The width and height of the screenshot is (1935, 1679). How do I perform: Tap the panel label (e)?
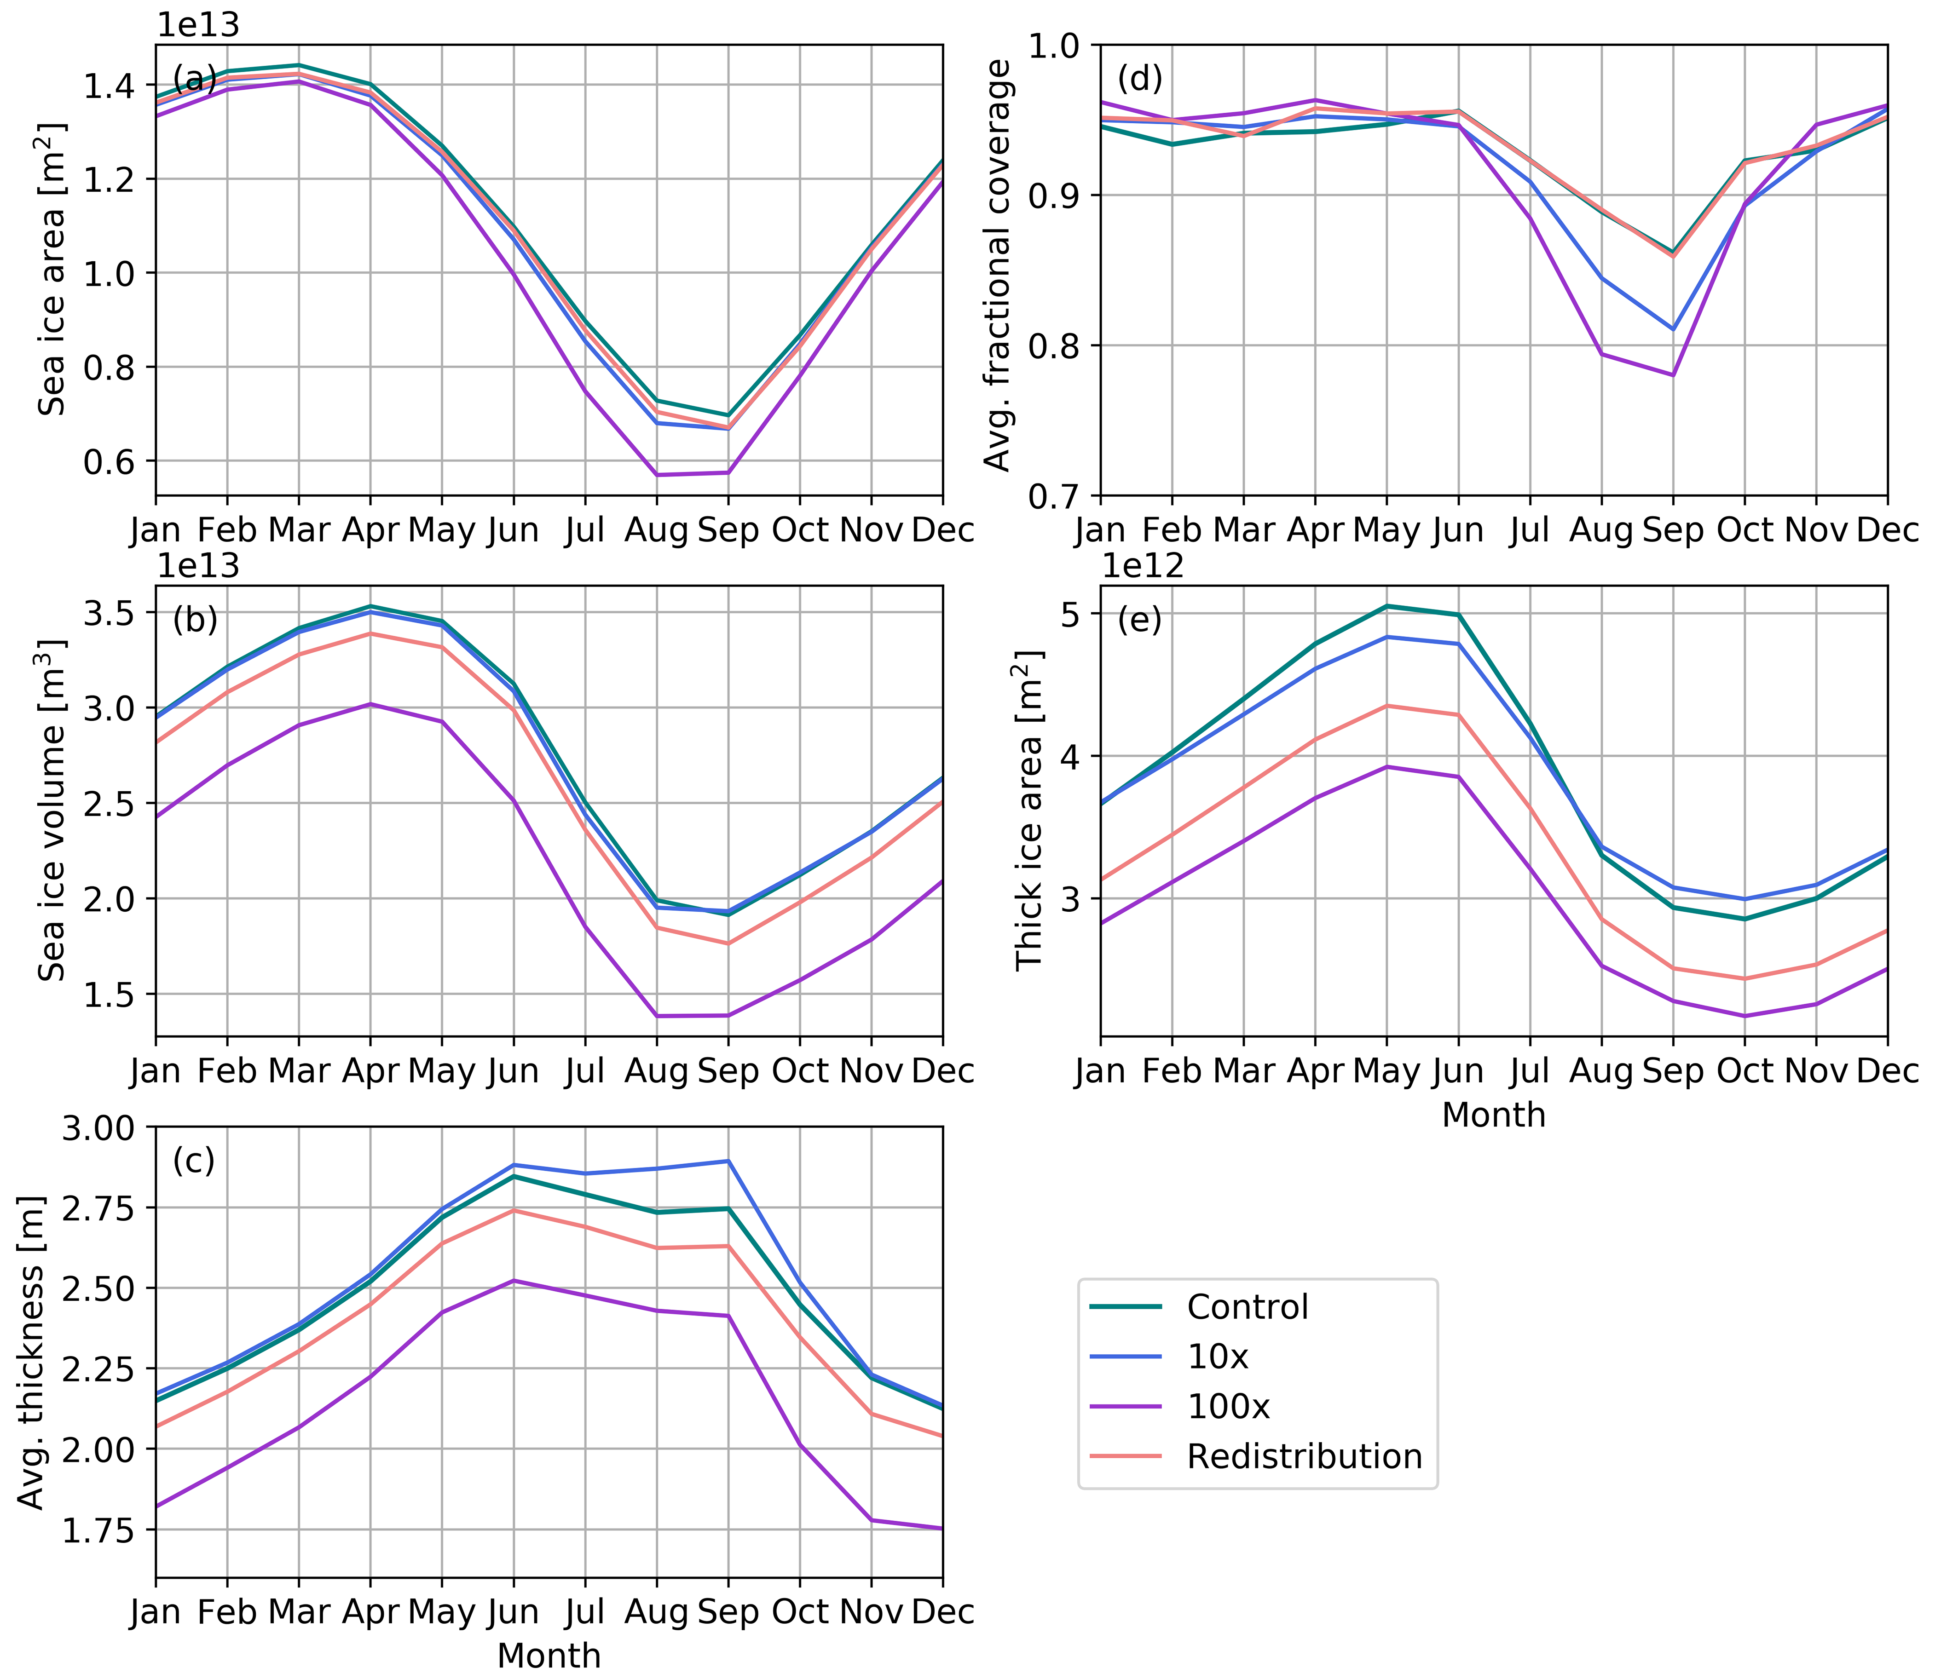click(x=1139, y=620)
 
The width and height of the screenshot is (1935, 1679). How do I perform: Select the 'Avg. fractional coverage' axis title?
click(x=999, y=265)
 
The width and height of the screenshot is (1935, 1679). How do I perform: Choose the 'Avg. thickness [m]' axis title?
click(x=33, y=1352)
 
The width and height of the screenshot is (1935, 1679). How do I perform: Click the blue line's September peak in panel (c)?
click(x=728, y=1161)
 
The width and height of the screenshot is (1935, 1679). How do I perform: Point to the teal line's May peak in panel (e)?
click(x=1387, y=606)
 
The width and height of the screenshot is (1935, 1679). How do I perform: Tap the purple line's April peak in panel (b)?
click(x=370, y=704)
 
